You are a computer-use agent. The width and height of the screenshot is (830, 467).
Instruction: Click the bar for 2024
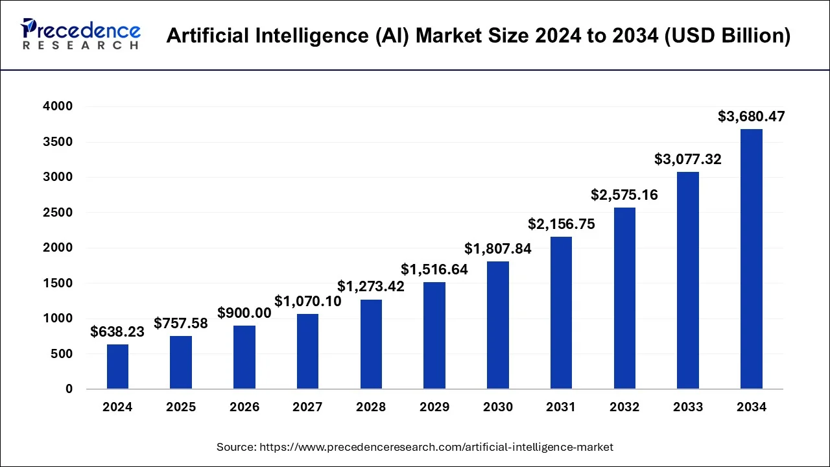(x=117, y=366)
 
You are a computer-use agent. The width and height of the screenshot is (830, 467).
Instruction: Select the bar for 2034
(x=751, y=259)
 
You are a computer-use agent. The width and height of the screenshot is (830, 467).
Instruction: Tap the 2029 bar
(x=434, y=335)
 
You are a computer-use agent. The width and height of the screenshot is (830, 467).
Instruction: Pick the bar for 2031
(x=561, y=313)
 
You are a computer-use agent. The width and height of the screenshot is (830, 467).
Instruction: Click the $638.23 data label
(x=118, y=332)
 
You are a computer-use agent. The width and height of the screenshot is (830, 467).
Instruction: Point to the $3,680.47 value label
(x=751, y=117)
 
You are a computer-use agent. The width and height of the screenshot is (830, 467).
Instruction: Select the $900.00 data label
(x=244, y=313)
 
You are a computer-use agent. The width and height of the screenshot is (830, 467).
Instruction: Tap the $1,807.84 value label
(x=498, y=249)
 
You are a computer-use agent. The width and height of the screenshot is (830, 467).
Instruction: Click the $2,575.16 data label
(x=624, y=195)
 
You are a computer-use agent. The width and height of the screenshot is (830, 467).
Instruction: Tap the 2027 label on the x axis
(x=307, y=407)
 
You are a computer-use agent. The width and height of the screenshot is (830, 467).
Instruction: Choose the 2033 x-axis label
(x=688, y=407)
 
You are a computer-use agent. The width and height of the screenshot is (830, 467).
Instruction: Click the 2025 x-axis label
(x=181, y=407)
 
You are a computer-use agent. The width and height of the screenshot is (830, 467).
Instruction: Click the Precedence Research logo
(x=80, y=35)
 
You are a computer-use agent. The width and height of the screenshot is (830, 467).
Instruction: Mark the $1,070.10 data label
(x=308, y=302)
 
